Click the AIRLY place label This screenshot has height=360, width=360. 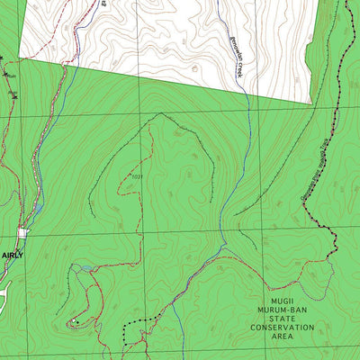(x=12, y=256)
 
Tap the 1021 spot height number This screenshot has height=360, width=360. (x=136, y=177)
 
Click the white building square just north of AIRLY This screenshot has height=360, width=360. (x=22, y=234)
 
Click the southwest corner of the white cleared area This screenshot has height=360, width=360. (x=64, y=64)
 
